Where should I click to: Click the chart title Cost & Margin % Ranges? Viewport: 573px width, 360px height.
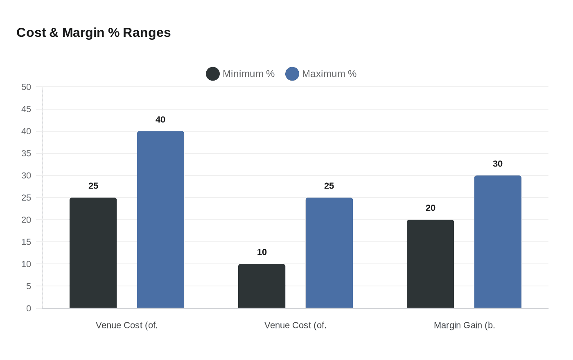[x=93, y=33]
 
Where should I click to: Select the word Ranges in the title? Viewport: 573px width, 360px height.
[x=147, y=33]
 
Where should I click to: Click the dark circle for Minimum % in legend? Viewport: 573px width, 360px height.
[x=213, y=74]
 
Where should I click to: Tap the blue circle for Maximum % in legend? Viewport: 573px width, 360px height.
[x=292, y=74]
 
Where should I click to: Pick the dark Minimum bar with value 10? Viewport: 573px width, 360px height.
[x=262, y=286]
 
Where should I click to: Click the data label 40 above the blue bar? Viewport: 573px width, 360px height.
[x=160, y=120]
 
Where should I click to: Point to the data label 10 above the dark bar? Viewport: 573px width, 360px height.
[x=262, y=252]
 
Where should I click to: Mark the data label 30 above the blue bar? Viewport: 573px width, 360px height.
[x=498, y=164]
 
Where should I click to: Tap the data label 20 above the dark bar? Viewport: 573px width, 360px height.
[x=431, y=208]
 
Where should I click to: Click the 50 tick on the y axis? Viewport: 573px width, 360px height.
[x=26, y=87]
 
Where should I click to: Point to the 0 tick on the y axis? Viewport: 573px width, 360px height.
[x=29, y=308]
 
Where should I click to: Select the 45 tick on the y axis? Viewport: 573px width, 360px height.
[x=26, y=109]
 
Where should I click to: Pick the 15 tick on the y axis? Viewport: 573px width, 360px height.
[x=26, y=242]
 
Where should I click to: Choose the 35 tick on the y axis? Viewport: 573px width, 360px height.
[x=26, y=153]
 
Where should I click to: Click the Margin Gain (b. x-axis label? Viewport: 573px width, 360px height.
[x=464, y=326]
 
